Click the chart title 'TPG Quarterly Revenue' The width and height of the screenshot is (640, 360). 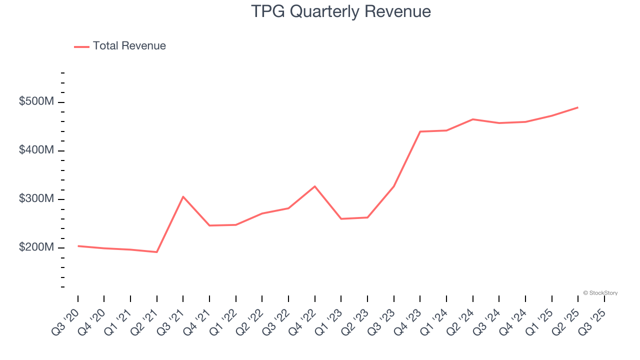pos(340,11)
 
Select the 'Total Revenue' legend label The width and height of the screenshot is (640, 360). pos(129,46)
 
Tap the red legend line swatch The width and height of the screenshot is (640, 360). pos(81,46)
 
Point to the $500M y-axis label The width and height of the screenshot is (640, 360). pos(36,101)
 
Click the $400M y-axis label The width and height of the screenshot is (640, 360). pos(36,150)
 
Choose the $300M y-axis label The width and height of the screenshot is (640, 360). pos(36,198)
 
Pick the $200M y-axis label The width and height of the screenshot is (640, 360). pos(36,247)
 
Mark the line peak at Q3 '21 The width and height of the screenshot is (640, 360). pos(183,196)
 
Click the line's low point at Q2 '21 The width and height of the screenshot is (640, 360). pos(157,252)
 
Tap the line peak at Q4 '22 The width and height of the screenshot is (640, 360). pos(315,186)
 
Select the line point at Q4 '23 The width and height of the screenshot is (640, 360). pos(420,131)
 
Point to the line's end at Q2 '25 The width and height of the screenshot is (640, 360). pos(578,107)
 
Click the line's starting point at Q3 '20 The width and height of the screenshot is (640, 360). pos(78,246)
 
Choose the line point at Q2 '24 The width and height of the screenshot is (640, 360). pos(472,119)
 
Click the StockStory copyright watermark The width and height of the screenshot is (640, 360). pos(600,293)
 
